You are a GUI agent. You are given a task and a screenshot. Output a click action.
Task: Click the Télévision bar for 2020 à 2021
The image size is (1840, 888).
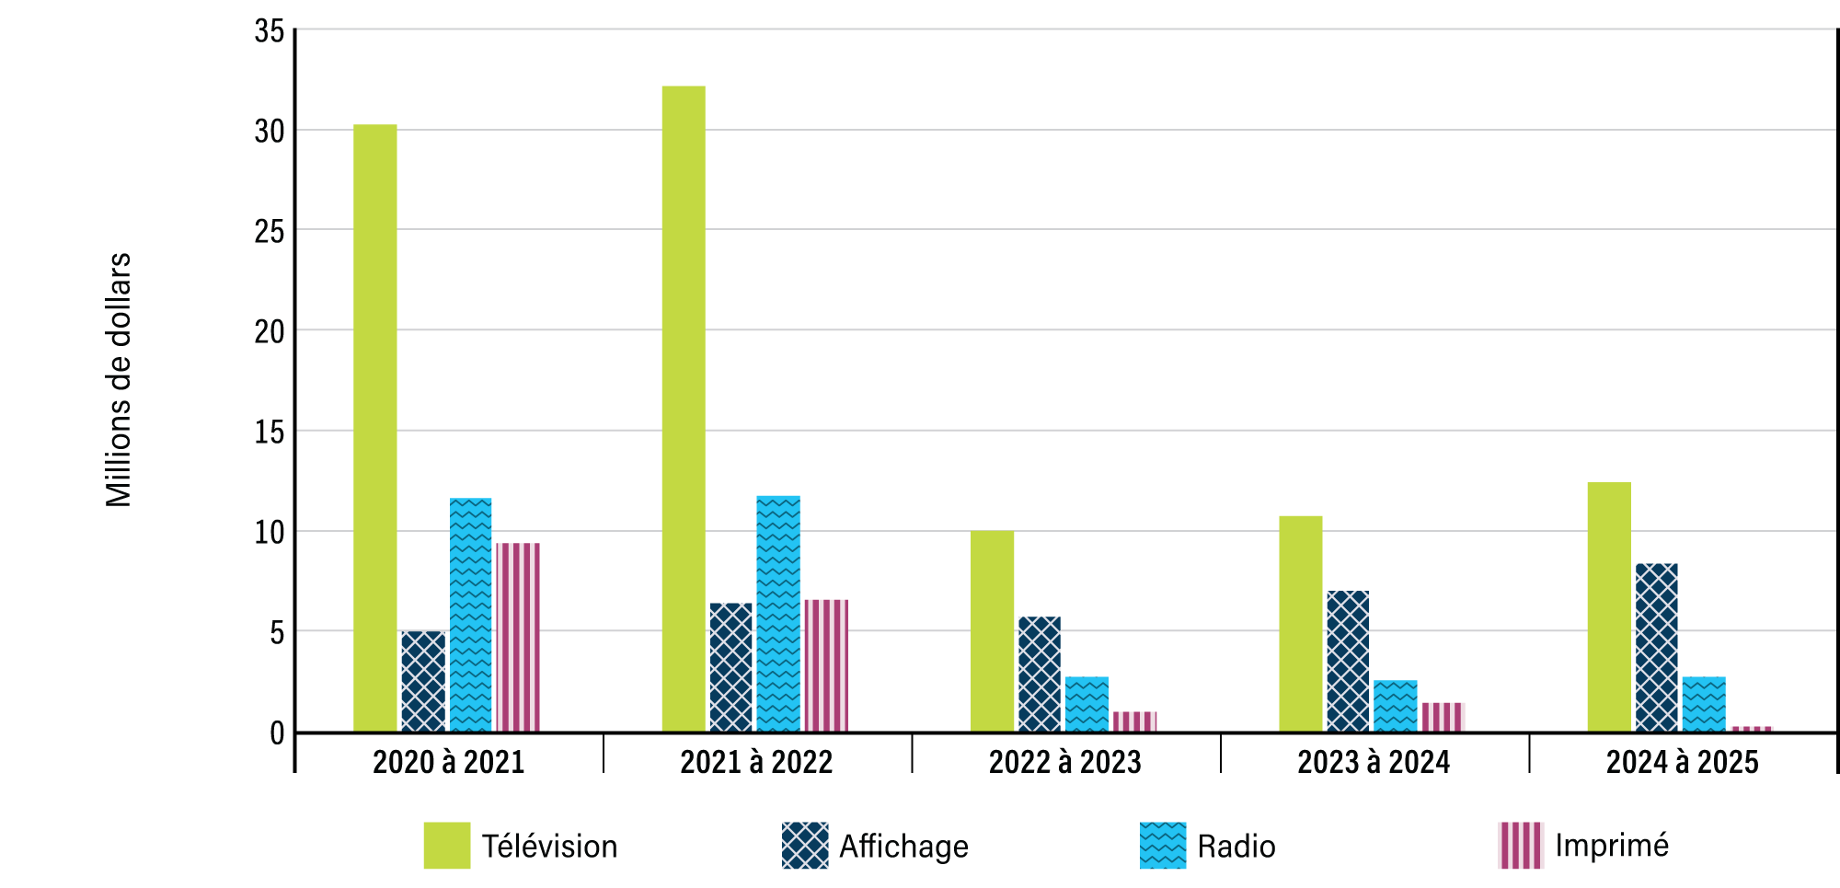pyautogui.click(x=375, y=428)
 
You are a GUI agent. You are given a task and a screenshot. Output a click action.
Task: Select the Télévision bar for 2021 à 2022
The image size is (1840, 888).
pyautogui.click(x=684, y=409)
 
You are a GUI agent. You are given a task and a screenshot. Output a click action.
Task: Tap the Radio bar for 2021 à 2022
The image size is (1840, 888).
pyautogui.click(x=778, y=614)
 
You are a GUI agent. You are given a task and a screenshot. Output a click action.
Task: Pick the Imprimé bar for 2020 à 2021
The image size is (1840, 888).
pyautogui.click(x=518, y=638)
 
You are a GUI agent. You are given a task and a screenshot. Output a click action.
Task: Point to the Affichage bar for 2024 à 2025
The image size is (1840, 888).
pyautogui.click(x=1656, y=648)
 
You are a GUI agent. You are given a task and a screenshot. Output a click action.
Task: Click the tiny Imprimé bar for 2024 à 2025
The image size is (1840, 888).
pyautogui.click(x=1751, y=729)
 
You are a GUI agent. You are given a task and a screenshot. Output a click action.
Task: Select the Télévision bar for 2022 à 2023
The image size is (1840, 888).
pyautogui.click(x=992, y=631)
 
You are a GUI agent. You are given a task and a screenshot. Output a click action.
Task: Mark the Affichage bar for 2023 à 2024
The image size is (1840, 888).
pyautogui.click(x=1348, y=662)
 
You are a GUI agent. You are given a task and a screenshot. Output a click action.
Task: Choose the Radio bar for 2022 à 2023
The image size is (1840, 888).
pyautogui.click(x=1087, y=705)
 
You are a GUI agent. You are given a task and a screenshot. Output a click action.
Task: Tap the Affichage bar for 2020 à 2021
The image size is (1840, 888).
pyautogui.click(x=423, y=682)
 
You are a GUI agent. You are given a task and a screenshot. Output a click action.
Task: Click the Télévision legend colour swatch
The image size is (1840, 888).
pyautogui.click(x=447, y=845)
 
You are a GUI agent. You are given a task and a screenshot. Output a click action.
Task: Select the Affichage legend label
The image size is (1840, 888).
pyautogui.click(x=903, y=847)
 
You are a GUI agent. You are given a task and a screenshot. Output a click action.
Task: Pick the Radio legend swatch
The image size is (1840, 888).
pyautogui.click(x=1163, y=845)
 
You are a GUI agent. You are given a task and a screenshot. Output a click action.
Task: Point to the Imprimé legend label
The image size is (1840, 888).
pyautogui.click(x=1611, y=845)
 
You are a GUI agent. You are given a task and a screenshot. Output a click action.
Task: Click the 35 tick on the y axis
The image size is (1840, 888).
pyautogui.click(x=270, y=31)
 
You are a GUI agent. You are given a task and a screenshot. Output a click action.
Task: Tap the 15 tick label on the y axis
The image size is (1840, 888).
pyautogui.click(x=270, y=432)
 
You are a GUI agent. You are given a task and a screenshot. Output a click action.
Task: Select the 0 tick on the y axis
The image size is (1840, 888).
pyautogui.click(x=277, y=733)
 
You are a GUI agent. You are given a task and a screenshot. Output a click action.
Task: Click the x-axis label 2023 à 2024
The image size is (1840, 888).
pyautogui.click(x=1373, y=762)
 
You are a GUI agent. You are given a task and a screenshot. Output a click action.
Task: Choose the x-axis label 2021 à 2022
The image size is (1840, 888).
pyautogui.click(x=756, y=762)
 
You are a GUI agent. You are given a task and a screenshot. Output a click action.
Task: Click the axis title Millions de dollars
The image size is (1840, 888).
pyautogui.click(x=119, y=380)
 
